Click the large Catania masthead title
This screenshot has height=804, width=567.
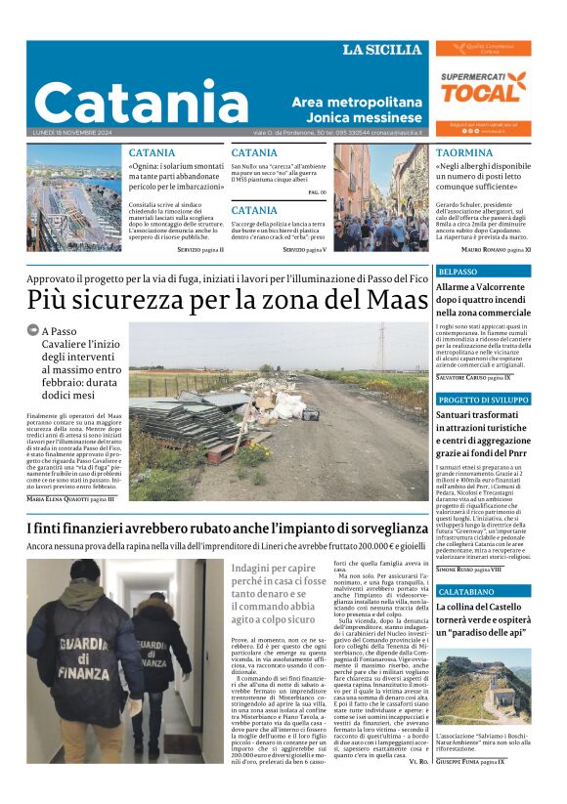click(x=142, y=102)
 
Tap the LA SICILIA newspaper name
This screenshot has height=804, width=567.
click(x=382, y=50)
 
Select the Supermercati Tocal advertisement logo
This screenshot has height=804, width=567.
click(x=483, y=89)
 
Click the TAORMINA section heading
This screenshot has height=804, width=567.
click(x=464, y=153)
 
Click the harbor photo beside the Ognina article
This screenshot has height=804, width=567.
click(x=74, y=199)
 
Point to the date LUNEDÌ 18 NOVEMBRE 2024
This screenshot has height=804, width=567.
click(x=75, y=133)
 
